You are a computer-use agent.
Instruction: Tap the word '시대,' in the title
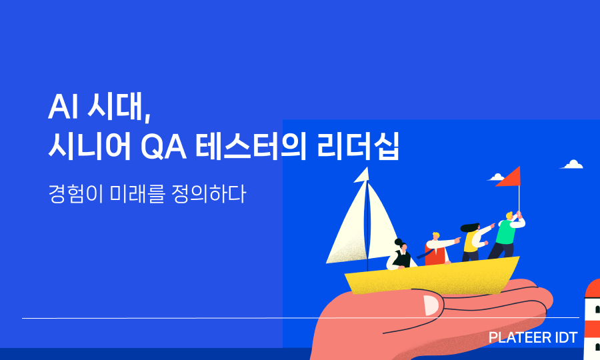119,107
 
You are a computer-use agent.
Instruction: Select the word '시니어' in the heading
90,146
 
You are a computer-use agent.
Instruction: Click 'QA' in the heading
164,147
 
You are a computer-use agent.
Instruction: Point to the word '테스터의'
251,146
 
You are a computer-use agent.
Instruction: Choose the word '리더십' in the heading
358,146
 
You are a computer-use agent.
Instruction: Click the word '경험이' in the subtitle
75,193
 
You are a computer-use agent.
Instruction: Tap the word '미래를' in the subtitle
137,193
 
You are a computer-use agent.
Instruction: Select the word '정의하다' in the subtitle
208,193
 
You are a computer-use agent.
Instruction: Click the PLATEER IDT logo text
533,338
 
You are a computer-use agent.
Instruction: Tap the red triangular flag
509,177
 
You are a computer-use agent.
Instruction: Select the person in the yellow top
475,242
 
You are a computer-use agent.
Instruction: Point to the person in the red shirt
439,249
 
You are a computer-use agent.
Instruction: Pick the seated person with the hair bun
399,255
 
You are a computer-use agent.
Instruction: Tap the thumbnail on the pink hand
431,306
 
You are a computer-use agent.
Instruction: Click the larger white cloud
573,165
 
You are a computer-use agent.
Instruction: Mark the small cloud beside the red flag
496,177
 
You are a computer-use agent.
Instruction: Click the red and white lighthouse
593,319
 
